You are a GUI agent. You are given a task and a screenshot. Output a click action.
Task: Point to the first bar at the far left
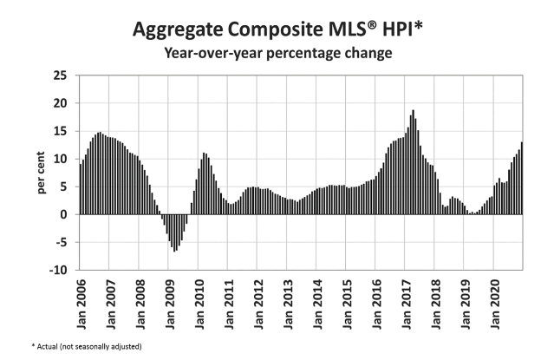81,189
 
